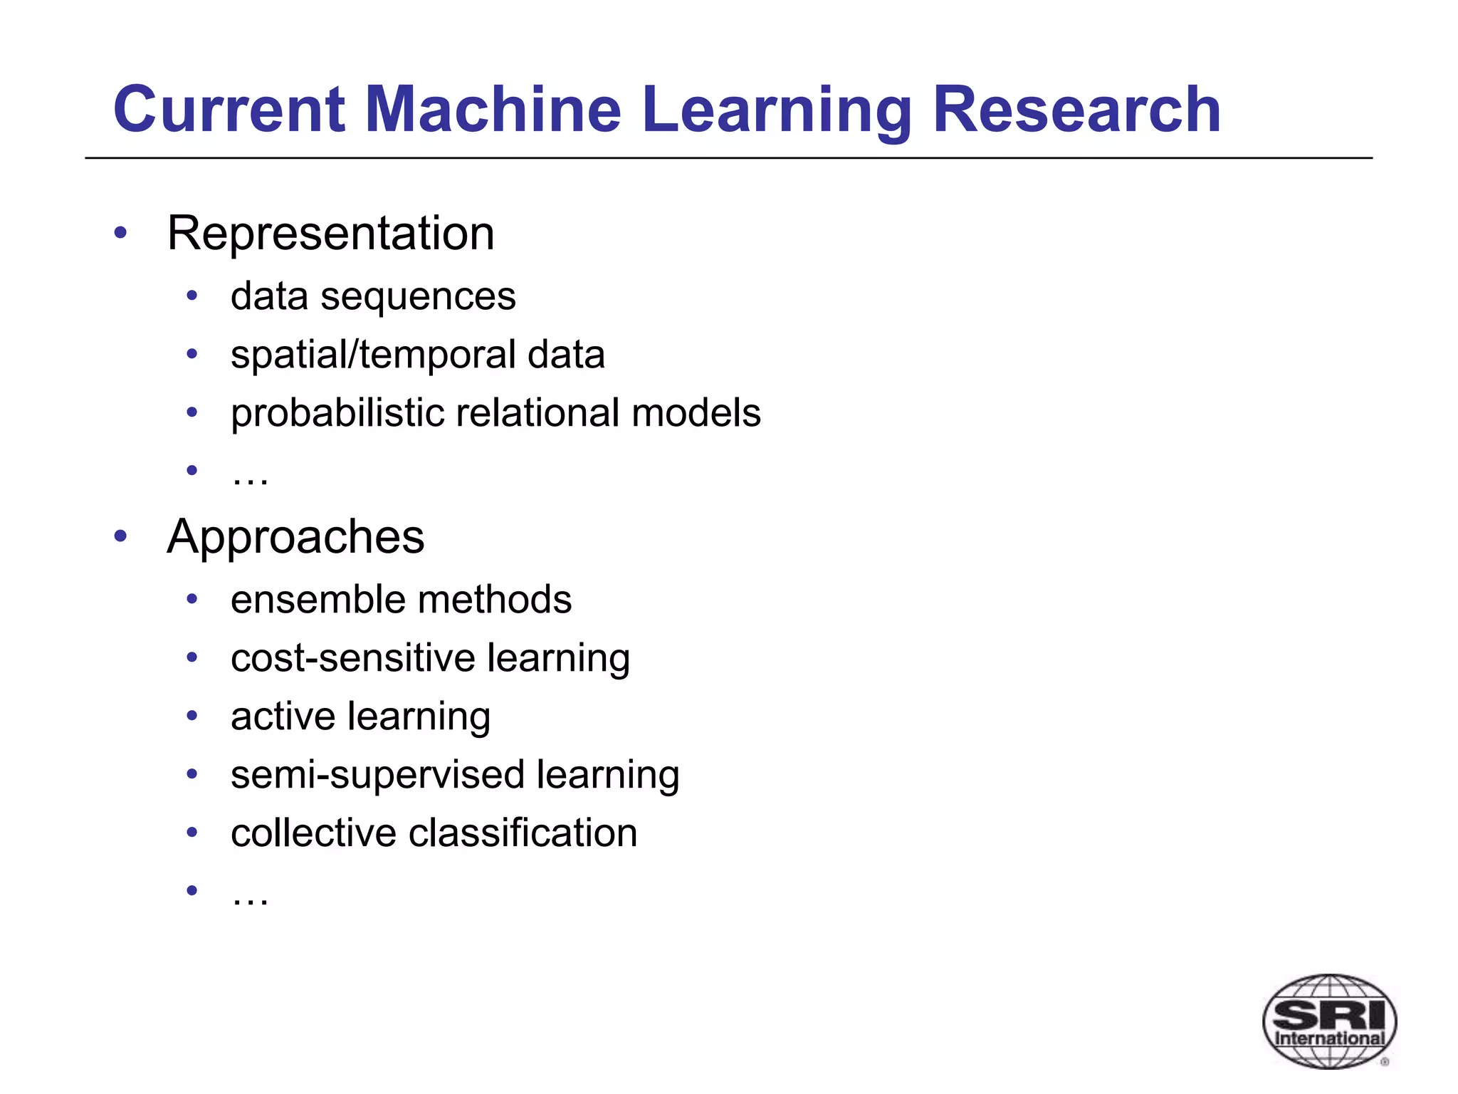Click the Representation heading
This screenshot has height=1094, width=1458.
tap(330, 233)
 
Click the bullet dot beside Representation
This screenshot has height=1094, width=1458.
tap(120, 232)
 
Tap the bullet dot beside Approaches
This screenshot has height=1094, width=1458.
tap(120, 536)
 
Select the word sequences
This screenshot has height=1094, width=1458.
tap(418, 297)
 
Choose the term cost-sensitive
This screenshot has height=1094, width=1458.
tap(352, 658)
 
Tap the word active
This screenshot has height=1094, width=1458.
tap(283, 717)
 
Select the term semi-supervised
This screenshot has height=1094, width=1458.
tap(377, 776)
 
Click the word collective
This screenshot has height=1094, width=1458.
tap(313, 833)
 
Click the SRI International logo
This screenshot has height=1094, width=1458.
tap(1329, 1021)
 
